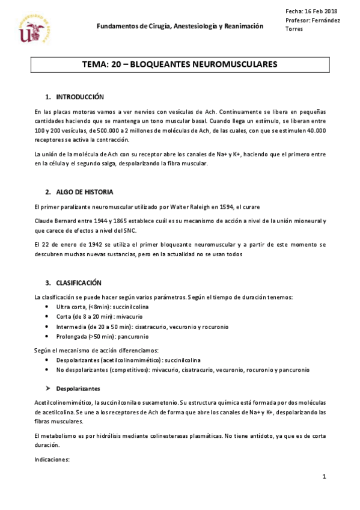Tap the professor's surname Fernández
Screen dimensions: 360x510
point(325,20)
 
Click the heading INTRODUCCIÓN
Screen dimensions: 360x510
point(80,97)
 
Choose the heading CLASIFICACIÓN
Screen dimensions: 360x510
point(79,283)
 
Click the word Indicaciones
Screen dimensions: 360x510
point(53,459)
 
